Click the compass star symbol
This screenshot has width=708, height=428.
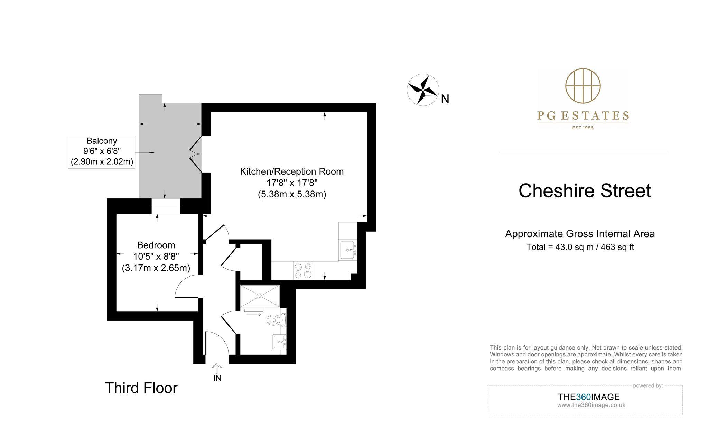coord(423,90)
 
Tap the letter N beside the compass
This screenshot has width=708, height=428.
coord(445,100)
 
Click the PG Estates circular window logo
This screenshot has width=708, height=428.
coord(583,86)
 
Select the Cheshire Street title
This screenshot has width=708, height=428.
coord(585,191)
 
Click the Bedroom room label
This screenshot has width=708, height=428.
coord(156,245)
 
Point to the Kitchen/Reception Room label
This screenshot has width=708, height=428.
coord(292,171)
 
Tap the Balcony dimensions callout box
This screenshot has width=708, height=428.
coord(102,152)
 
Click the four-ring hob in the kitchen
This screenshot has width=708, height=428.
coord(303,270)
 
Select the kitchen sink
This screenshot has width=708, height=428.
coord(348,250)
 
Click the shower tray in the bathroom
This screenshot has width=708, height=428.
coord(260,296)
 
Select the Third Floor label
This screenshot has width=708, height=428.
coord(141,388)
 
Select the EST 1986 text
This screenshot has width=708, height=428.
coord(583,128)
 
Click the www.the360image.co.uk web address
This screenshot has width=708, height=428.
coord(591,405)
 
